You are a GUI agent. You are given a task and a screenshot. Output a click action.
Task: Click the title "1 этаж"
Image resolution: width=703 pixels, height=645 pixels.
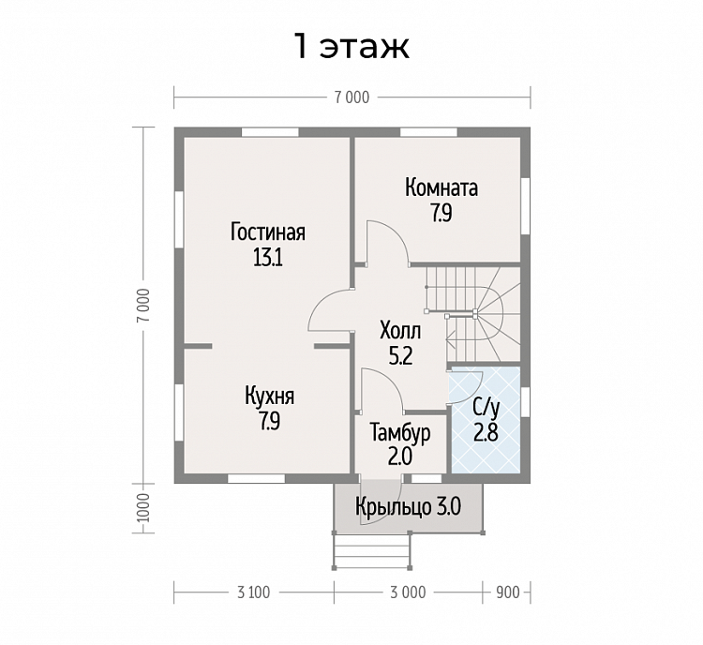[x=351, y=46]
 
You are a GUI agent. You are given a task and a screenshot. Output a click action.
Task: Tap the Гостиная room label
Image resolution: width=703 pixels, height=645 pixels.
[x=268, y=232]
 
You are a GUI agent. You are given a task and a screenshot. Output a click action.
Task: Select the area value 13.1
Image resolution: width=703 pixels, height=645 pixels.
[x=268, y=258]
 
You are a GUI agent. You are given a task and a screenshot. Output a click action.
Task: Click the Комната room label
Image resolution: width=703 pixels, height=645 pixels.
[x=441, y=187]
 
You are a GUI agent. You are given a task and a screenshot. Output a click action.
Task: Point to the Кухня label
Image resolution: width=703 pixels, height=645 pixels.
[x=269, y=397]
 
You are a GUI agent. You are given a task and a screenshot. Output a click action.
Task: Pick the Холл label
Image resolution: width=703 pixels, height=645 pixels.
[x=400, y=331]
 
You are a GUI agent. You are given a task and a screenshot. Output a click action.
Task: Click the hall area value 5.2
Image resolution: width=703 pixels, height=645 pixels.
[x=400, y=356]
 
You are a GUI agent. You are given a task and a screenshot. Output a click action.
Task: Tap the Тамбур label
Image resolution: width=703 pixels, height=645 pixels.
[x=400, y=433]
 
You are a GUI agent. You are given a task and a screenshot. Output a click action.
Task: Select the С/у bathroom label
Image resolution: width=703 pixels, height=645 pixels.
[x=486, y=408]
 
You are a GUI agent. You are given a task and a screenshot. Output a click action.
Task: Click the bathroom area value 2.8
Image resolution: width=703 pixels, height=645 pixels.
[x=486, y=433]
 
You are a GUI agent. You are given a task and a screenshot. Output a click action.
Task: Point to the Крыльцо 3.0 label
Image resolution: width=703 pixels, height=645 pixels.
[x=408, y=507]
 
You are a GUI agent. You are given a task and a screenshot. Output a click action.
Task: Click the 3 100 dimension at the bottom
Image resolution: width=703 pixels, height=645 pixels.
[x=254, y=592]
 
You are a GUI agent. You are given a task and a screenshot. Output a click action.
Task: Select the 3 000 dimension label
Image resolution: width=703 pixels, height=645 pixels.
[x=408, y=592]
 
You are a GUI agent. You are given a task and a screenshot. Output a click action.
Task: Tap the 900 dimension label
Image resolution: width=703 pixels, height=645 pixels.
[x=507, y=592]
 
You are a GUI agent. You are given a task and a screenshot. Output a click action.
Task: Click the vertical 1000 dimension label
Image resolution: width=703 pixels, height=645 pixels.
[x=143, y=508]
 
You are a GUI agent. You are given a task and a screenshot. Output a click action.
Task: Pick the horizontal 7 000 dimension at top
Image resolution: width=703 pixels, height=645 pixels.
[x=351, y=97]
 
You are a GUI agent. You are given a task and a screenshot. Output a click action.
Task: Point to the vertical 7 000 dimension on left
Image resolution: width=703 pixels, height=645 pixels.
[x=143, y=306]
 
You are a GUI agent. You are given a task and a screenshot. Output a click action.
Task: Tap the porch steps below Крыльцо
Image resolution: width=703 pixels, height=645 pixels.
[x=372, y=551]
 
